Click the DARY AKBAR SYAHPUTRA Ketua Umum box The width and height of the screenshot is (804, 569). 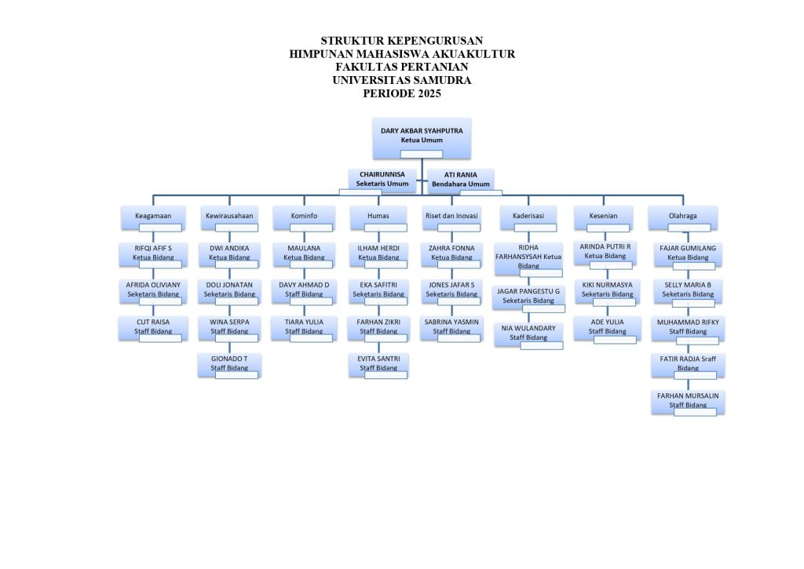click(x=422, y=138)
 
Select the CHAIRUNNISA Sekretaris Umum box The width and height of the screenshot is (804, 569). click(x=382, y=181)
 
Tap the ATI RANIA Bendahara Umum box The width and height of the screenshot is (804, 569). click(x=460, y=181)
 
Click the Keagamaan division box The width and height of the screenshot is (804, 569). click(x=153, y=218)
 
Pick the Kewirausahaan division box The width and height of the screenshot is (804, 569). click(x=229, y=218)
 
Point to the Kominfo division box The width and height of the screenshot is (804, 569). click(x=304, y=218)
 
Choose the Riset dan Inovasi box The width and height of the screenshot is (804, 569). click(x=451, y=218)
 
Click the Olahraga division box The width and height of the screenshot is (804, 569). click(x=682, y=218)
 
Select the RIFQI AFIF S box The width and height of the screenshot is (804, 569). click(x=153, y=255)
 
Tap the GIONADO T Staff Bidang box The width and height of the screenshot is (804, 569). click(x=229, y=366)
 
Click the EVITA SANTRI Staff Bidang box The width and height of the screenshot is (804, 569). click(x=378, y=366)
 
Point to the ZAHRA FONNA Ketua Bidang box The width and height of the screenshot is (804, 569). click(x=451, y=255)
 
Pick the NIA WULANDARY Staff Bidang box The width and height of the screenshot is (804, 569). click(x=528, y=335)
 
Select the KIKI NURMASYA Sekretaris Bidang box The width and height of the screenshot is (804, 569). click(x=607, y=292)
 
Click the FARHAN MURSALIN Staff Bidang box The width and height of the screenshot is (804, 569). click(x=688, y=403)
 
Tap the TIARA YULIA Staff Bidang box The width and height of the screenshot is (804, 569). click(x=304, y=329)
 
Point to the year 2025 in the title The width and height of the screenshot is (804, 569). click(x=429, y=93)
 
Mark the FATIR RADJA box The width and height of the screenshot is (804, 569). click(x=688, y=366)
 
